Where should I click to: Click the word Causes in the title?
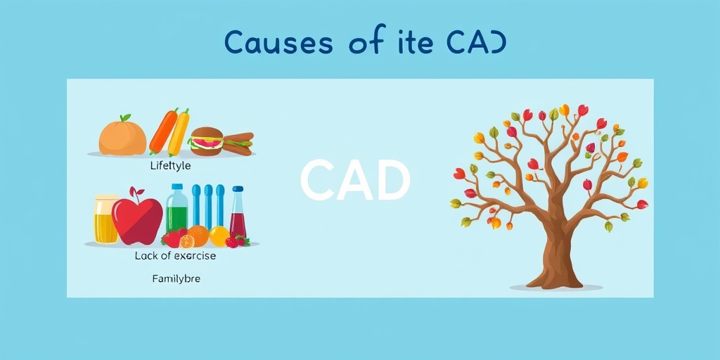point(279,43)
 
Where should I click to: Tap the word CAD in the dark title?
point(475,43)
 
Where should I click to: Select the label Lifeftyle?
point(170,166)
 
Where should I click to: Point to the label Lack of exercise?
point(175,256)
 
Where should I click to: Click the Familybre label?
point(176,278)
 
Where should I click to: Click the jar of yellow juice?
point(106,219)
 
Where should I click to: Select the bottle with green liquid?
point(176,211)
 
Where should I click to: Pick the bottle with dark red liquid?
point(238,214)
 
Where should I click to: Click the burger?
point(207,141)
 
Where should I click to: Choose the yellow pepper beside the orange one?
point(179,132)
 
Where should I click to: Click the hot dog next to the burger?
point(238,143)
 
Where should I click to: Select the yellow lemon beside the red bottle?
point(219,236)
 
